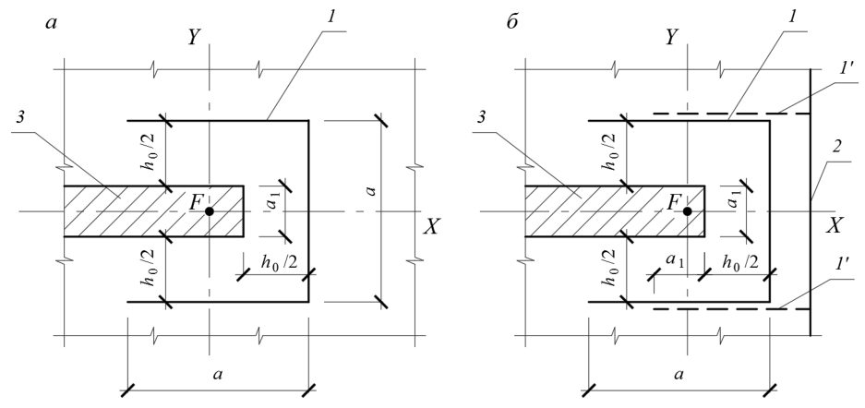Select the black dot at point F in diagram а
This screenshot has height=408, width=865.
[x=209, y=211]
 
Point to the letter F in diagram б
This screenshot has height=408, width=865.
[x=673, y=203]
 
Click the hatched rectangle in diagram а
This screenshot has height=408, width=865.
[x=154, y=211]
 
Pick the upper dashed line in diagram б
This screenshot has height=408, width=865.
[x=731, y=114]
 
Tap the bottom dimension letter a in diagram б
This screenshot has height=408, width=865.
[x=679, y=376]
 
